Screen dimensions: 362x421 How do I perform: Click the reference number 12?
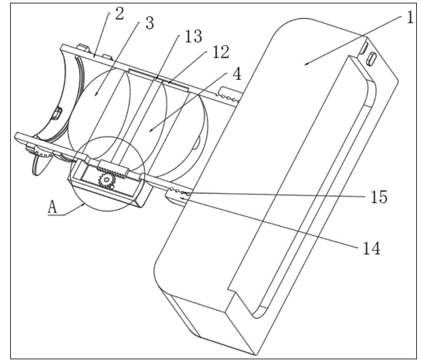220,51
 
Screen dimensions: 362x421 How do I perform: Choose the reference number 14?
370,248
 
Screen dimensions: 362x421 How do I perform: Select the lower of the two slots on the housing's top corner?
371,59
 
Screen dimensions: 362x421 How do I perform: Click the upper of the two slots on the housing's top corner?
364,47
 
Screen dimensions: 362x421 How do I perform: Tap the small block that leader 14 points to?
174,197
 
